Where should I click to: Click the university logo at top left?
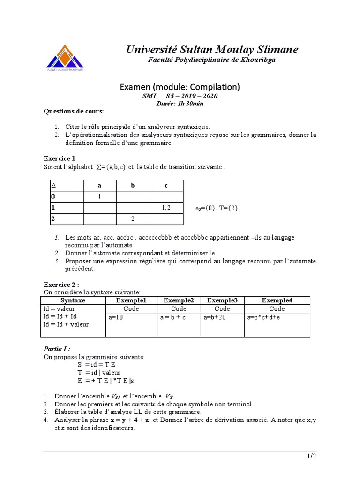66,59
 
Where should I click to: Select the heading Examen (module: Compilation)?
180,87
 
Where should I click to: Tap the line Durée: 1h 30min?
180,104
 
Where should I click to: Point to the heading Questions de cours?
74,112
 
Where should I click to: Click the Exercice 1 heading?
59,158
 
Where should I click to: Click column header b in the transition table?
133,186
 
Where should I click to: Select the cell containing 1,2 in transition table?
166,207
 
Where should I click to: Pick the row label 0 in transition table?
53,196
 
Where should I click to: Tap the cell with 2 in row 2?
133,218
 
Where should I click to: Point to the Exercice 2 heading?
61,285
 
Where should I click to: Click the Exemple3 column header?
222,300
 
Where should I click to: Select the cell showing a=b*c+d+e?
263,317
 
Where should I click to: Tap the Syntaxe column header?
73,300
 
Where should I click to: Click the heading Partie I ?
57,349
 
